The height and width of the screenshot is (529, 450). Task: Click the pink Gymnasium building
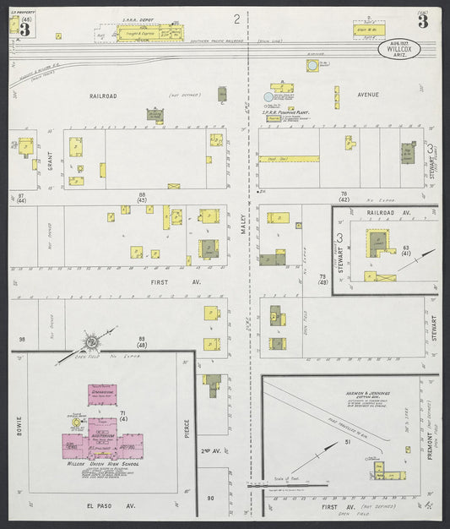click(100, 395)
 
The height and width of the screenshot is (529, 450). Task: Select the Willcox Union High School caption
click(100, 464)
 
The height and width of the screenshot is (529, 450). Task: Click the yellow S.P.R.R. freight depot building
click(147, 33)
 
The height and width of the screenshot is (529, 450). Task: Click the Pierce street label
click(188, 428)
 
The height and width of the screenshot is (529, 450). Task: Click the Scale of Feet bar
click(287, 486)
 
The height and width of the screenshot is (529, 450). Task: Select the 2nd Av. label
click(211, 451)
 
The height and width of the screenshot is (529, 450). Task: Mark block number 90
click(210, 498)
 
